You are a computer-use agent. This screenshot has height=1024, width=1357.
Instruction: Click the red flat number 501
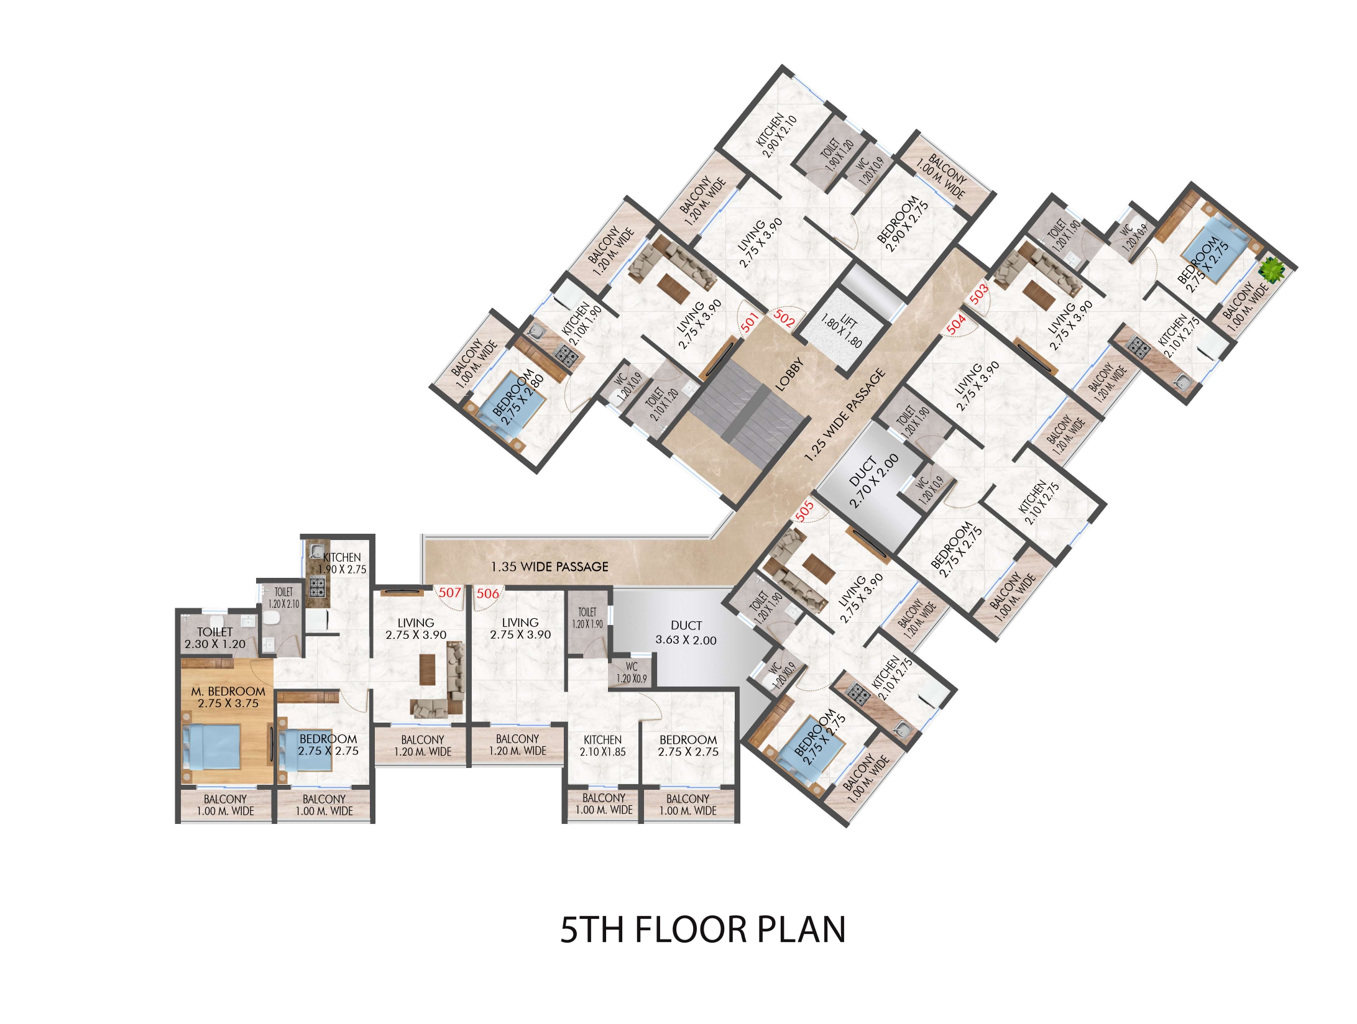(750, 322)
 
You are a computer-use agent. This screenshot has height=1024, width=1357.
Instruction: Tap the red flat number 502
(784, 318)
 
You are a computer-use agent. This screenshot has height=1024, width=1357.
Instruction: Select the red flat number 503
(978, 293)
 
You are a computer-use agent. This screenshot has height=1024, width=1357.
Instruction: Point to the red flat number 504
(956, 323)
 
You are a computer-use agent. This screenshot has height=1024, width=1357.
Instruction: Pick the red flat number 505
(804, 511)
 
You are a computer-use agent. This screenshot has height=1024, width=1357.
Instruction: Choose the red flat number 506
(487, 593)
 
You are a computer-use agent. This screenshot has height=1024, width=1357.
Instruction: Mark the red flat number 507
(449, 593)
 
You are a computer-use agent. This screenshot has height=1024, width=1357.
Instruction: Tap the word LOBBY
(789, 373)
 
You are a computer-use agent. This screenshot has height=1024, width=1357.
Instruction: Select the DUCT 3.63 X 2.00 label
(686, 633)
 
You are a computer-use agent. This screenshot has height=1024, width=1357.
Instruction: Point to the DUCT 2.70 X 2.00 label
(873, 480)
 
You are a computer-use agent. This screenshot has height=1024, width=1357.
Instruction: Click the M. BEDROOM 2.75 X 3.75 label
(228, 697)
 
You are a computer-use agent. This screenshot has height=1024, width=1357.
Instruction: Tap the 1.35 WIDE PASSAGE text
(550, 567)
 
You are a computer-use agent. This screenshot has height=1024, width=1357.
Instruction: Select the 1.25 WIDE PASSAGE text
(845, 415)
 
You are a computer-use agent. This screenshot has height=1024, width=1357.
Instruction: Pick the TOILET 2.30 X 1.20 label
(214, 638)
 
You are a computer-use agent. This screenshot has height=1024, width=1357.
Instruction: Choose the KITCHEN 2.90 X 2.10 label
(775, 135)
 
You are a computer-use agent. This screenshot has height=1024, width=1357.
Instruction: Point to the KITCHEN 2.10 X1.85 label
(602, 746)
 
